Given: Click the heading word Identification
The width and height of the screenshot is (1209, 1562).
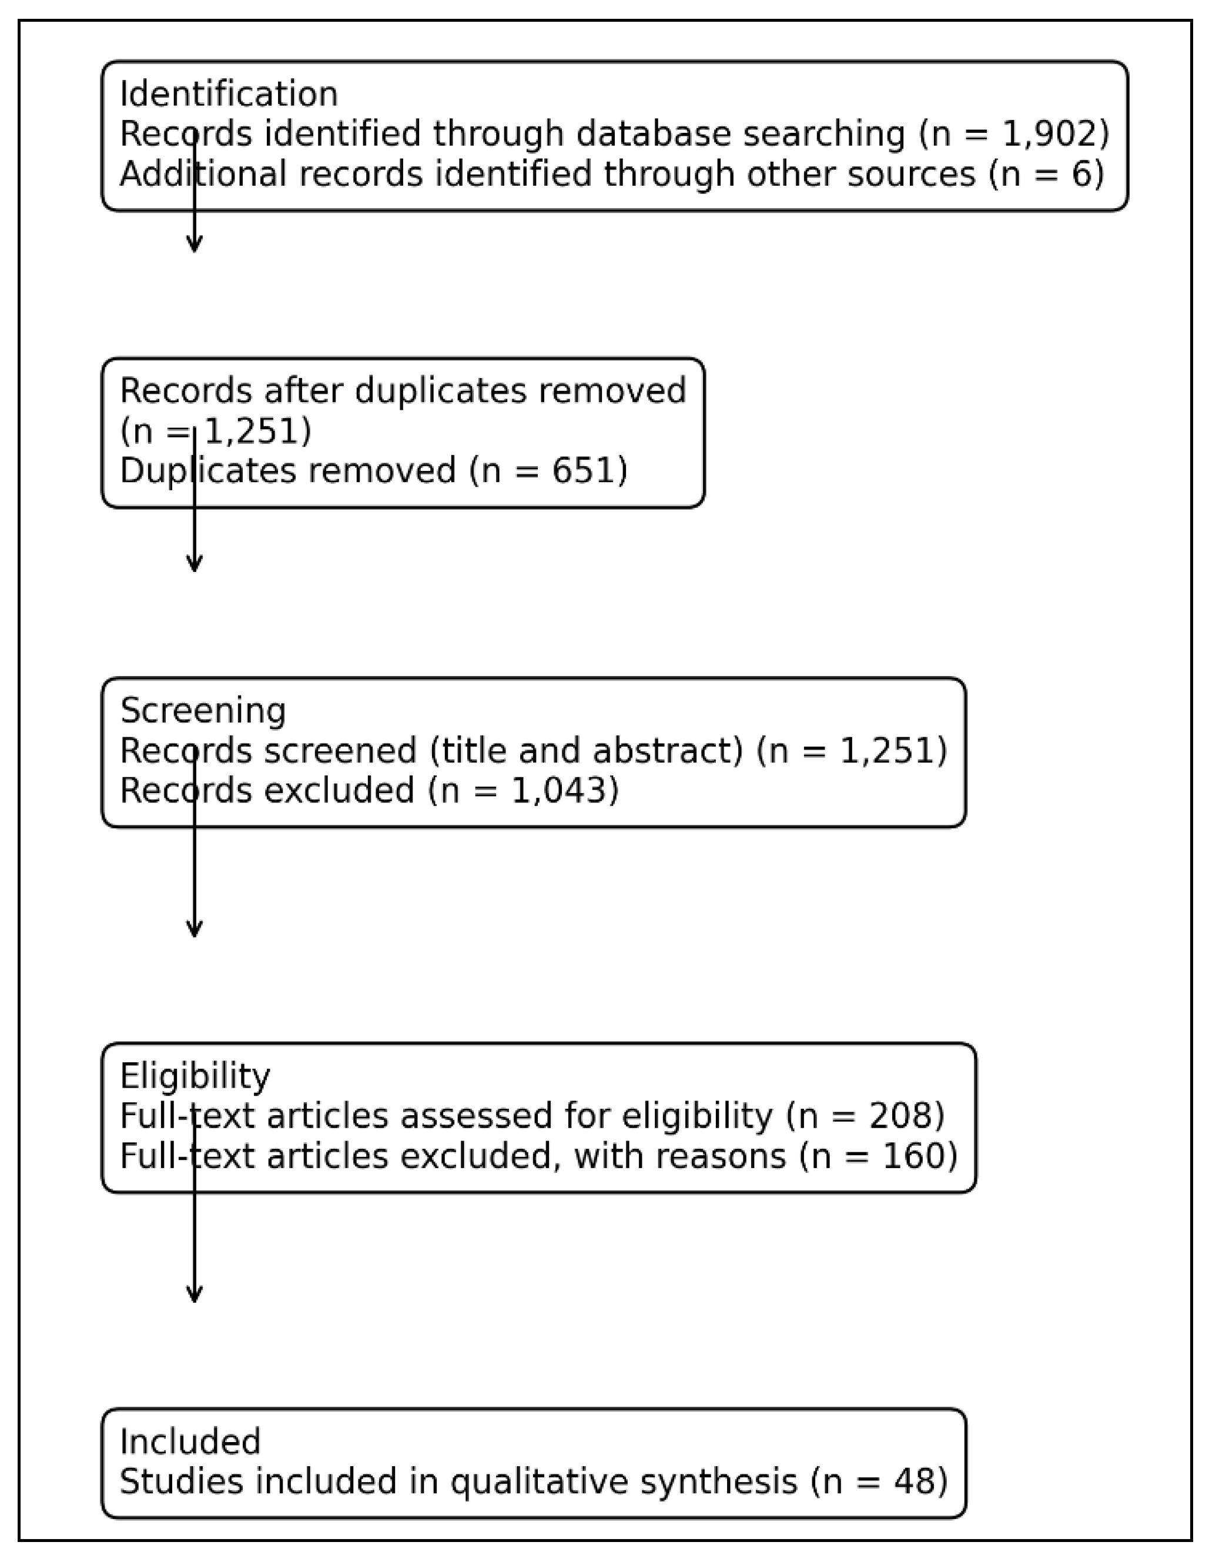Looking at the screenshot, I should (x=228, y=95).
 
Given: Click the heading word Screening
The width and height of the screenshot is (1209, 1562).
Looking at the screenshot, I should (x=202, y=711).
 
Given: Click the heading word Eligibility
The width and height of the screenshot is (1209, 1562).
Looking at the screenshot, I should (x=195, y=1076).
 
